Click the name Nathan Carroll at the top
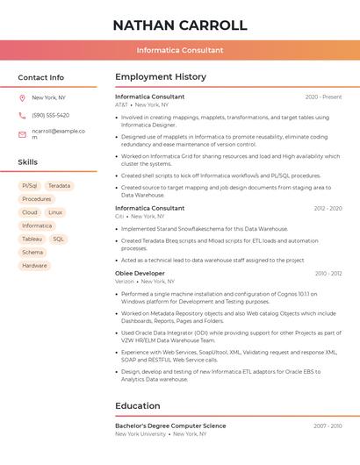[180, 25]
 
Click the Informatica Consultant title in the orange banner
[180, 50]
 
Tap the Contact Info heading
[41, 77]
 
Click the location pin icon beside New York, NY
[22, 98]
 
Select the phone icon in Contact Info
[22, 116]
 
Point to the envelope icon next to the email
[22, 134]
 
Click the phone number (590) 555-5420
[51, 116]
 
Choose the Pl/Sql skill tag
[29, 186]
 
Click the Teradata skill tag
[60, 186]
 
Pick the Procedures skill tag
[37, 199]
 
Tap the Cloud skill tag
[30, 212]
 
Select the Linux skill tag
[55, 212]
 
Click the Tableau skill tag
[32, 239]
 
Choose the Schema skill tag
[32, 252]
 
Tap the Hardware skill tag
[35, 265]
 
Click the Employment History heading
[161, 77]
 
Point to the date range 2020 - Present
[323, 97]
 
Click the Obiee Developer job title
[140, 274]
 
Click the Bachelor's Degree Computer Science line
[170, 426]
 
